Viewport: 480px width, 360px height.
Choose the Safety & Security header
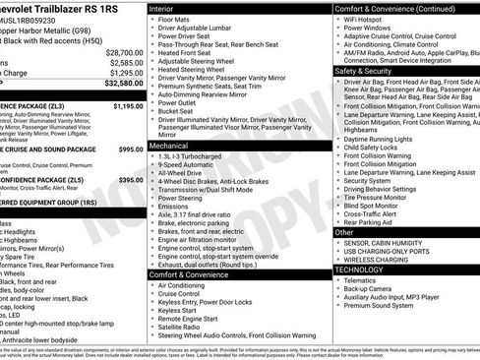pyautogui.click(x=363, y=71)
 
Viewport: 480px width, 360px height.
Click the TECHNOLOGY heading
pyautogui.click(x=359, y=269)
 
